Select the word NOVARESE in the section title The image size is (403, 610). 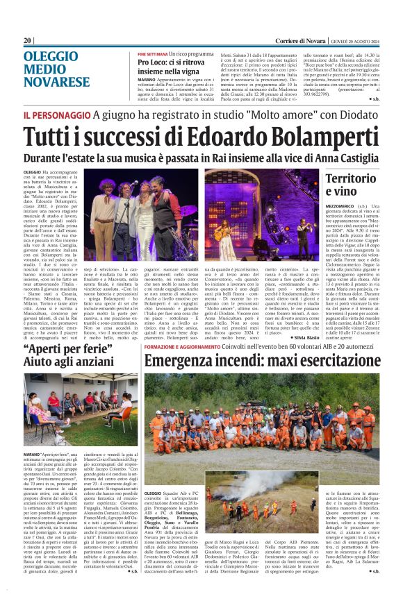56,81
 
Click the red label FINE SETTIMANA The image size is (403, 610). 153,53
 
